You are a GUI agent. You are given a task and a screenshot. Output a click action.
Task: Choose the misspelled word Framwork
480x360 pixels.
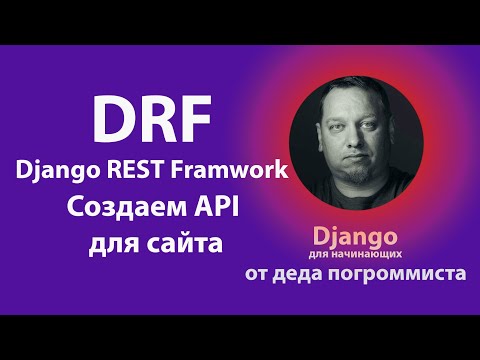coord(236,170)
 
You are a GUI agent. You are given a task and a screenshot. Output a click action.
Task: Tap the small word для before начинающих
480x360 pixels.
coord(335,254)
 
